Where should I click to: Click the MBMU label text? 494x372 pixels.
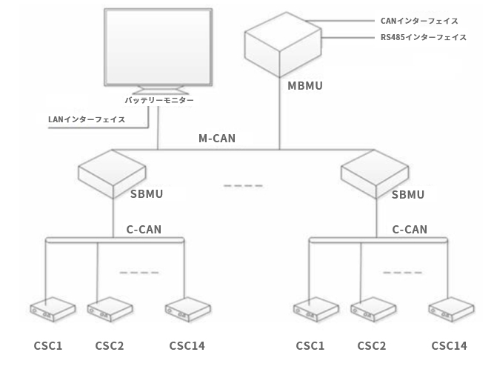coord(304,87)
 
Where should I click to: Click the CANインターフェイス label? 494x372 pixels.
coord(418,22)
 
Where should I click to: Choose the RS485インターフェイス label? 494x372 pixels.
coord(424,37)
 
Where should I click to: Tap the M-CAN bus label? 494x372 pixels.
coord(218,138)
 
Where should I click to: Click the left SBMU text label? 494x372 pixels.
coord(146,195)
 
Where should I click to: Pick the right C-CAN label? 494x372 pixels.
coord(409,230)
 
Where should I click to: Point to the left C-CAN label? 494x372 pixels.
coord(144,230)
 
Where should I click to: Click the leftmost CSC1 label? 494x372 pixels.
coord(48,345)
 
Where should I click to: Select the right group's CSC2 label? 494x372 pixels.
coord(372,345)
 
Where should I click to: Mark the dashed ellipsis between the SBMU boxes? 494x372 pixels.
coord(243,185)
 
